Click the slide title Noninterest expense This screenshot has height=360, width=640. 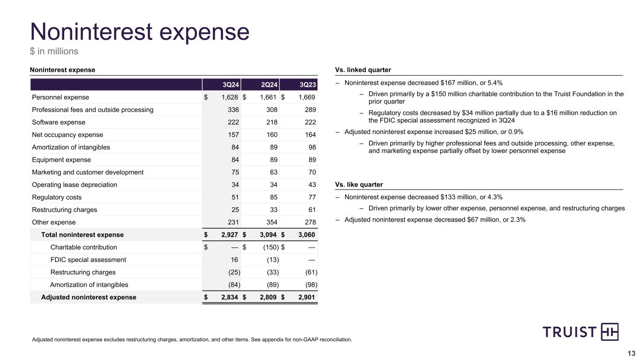(x=139, y=32)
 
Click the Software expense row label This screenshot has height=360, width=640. (x=59, y=122)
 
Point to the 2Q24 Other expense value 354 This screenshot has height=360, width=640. (x=271, y=222)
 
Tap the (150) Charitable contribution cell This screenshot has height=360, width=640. (x=270, y=247)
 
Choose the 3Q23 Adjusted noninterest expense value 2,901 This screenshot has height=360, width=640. (x=305, y=297)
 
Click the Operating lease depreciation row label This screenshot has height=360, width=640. (x=75, y=185)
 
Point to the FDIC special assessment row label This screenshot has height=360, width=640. (x=88, y=260)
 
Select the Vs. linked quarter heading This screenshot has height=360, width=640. (x=363, y=70)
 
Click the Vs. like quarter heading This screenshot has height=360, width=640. (x=359, y=185)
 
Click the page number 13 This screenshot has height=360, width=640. (x=631, y=353)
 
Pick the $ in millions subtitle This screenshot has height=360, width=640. (x=54, y=51)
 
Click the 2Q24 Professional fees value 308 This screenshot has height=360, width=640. (x=271, y=110)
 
